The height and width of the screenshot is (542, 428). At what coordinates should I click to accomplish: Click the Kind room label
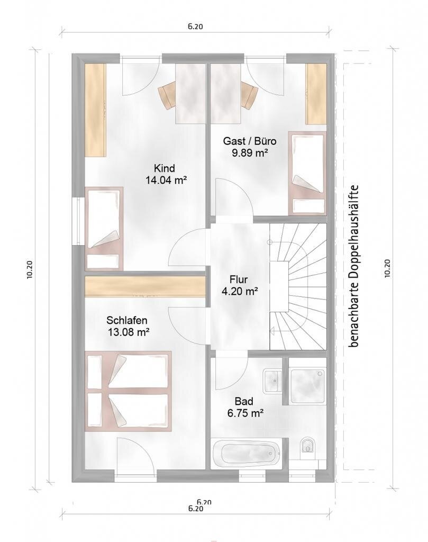[x=165, y=168]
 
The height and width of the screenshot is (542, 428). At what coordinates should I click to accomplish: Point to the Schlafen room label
[x=127, y=320]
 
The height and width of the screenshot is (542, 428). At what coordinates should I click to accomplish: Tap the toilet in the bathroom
[x=307, y=446]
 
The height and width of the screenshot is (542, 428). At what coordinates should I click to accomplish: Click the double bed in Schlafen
[x=129, y=391]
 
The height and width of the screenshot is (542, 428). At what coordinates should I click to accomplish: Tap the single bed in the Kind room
[x=104, y=228]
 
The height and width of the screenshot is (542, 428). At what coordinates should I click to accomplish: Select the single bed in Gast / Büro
[x=307, y=174]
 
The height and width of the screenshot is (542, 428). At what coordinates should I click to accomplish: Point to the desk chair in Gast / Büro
[x=250, y=95]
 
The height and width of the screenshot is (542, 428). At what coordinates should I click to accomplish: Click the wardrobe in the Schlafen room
[x=145, y=286]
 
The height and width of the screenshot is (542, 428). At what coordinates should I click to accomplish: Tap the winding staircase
[x=298, y=286]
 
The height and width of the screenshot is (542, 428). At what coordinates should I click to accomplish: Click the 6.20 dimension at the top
[x=196, y=26]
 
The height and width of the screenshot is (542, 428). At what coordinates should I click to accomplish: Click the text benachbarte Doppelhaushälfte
[x=354, y=266]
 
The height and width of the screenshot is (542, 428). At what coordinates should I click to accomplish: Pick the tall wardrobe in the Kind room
[x=95, y=111]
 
